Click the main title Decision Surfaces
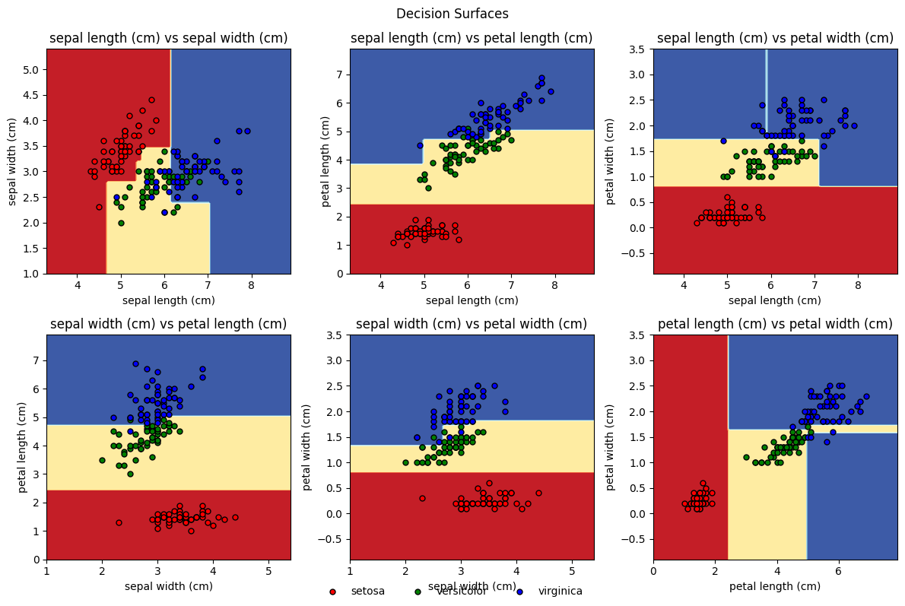[452, 14]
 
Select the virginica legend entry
[560, 591]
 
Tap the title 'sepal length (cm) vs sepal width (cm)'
[168, 38]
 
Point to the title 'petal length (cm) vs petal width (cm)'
[775, 325]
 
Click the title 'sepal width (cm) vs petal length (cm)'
[168, 325]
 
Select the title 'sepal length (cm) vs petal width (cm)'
[775, 38]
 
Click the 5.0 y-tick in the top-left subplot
[30, 70]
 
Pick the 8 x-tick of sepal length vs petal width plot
[858, 285]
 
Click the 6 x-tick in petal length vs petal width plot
[838, 571]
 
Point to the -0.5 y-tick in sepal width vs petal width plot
[330, 539]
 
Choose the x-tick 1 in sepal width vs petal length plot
[46, 571]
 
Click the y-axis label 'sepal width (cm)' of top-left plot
[13, 161]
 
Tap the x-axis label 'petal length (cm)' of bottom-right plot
[775, 586]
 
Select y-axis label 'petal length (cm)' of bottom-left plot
[13, 447]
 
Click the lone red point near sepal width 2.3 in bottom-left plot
[119, 522]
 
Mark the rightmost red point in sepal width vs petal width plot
[538, 493]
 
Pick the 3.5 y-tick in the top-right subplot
[637, 49]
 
